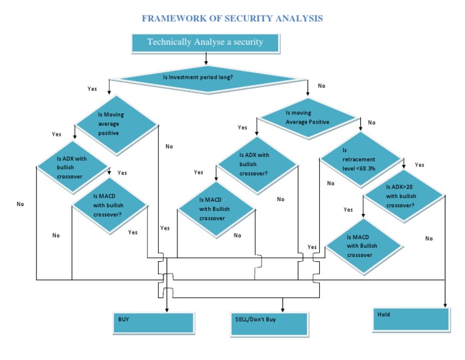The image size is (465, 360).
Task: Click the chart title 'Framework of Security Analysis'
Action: (x=232, y=18)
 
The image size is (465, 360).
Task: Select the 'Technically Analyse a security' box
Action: (x=205, y=43)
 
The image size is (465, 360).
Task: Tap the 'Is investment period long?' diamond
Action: (x=208, y=79)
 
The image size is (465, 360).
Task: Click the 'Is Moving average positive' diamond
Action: (x=116, y=125)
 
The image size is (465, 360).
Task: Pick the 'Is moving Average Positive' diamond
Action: (x=308, y=118)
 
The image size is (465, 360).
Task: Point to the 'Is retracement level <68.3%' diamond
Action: (x=361, y=159)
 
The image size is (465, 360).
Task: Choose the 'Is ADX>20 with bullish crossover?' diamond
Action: (x=404, y=196)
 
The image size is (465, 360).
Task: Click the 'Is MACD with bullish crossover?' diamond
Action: (x=110, y=205)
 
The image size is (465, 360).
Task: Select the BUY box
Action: (x=154, y=323)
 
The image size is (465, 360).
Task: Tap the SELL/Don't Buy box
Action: (x=269, y=324)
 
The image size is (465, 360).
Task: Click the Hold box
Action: (x=411, y=319)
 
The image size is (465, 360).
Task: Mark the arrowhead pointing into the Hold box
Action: (x=445, y=305)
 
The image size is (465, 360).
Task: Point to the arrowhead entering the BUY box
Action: (x=167, y=310)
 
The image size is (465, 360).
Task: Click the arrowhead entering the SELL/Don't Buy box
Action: (x=283, y=310)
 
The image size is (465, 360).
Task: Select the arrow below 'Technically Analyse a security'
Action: (x=206, y=59)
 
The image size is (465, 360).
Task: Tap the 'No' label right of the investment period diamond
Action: (x=322, y=86)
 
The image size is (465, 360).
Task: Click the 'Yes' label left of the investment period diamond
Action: (x=92, y=88)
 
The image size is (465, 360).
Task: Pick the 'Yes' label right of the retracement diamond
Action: (x=420, y=165)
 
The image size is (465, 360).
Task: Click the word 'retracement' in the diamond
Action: (x=359, y=159)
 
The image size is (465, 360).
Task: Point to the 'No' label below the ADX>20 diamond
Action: (x=429, y=238)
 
